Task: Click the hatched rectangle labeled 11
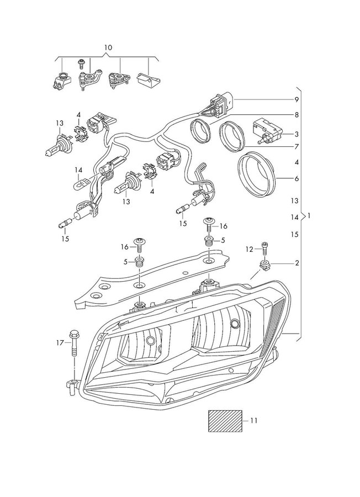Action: (225, 421)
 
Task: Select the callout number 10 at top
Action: (108, 47)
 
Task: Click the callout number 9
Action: (297, 99)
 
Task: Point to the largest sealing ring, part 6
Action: (257, 174)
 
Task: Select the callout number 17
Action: (60, 342)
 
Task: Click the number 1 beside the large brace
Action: (309, 216)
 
